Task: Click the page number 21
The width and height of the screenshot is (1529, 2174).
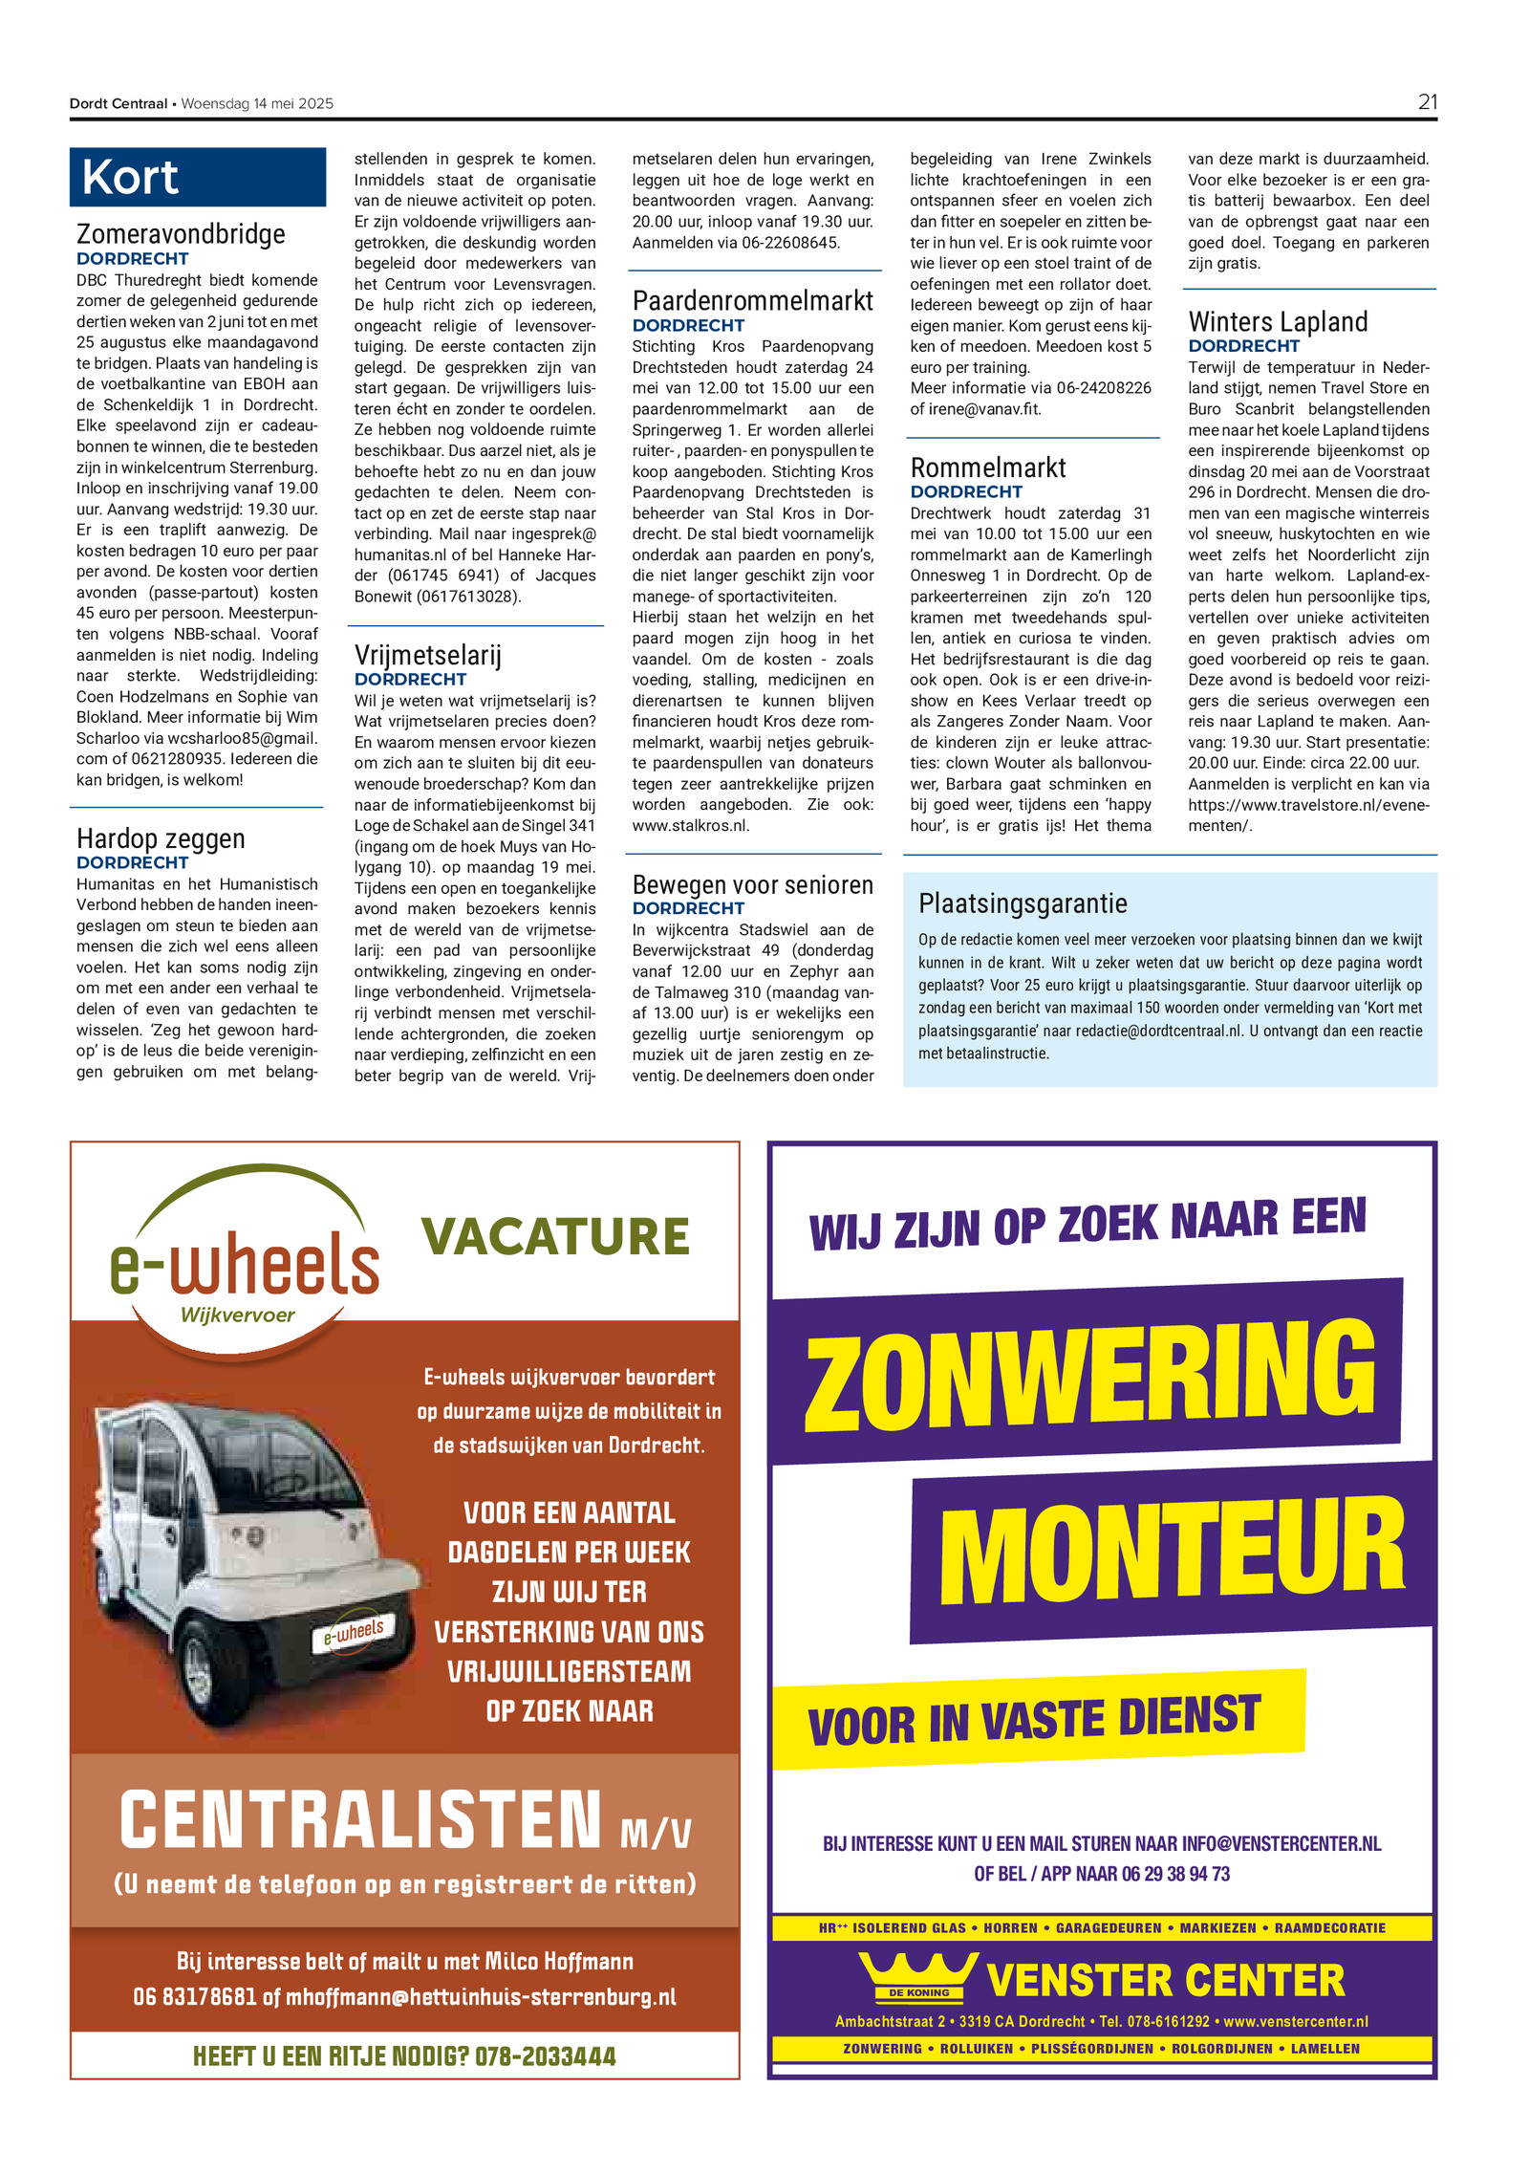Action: (x=1427, y=102)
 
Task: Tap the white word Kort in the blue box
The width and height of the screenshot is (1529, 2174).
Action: (x=130, y=178)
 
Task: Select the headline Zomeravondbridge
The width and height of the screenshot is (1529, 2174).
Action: (x=181, y=234)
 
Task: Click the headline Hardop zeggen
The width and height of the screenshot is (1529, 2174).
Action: (x=161, y=838)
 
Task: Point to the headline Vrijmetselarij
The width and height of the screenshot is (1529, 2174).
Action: (x=427, y=655)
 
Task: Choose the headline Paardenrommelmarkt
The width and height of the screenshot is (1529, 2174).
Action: (x=752, y=301)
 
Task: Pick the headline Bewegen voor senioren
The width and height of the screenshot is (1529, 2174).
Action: (x=752, y=884)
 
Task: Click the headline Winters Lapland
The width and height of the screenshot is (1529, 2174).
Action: (x=1278, y=321)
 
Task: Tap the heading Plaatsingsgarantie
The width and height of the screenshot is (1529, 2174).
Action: (x=1023, y=903)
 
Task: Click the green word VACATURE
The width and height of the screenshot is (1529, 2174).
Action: (x=554, y=1236)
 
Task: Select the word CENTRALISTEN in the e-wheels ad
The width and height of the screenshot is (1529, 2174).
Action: (x=360, y=1819)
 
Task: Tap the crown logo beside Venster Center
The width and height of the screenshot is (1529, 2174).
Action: (x=917, y=1976)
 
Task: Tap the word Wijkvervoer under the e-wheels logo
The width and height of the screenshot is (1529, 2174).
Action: (x=237, y=1315)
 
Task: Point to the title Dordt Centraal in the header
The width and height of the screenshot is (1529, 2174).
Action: (x=118, y=103)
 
